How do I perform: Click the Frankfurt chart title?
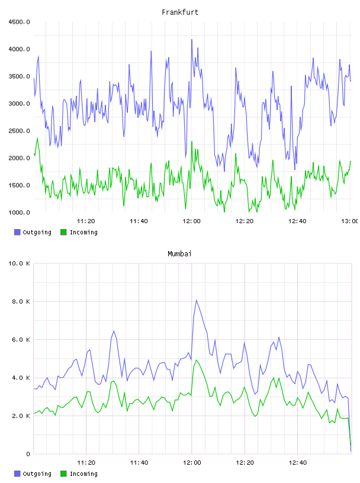[180, 12]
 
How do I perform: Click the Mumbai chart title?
[179, 254]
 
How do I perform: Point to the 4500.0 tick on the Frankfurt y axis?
[20, 22]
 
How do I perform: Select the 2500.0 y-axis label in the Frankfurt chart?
[20, 131]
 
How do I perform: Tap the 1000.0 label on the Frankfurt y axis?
[20, 212]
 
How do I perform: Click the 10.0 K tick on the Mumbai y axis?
[20, 263]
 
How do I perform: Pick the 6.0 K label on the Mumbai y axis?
[21, 340]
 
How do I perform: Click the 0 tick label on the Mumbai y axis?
[28, 454]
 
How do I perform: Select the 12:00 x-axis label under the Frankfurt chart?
[192, 221]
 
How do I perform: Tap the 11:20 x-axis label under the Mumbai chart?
[86, 463]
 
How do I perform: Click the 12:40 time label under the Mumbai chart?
[298, 463]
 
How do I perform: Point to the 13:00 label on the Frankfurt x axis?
[350, 221]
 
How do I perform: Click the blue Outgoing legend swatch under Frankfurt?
[17, 232]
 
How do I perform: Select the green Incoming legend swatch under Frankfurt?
[63, 232]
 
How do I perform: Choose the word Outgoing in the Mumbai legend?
[37, 474]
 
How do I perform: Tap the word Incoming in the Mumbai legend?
[83, 474]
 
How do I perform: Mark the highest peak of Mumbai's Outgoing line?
[197, 300]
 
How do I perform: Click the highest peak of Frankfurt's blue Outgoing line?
[192, 40]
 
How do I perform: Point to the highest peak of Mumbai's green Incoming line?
[197, 360]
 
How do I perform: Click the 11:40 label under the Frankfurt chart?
[139, 221]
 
